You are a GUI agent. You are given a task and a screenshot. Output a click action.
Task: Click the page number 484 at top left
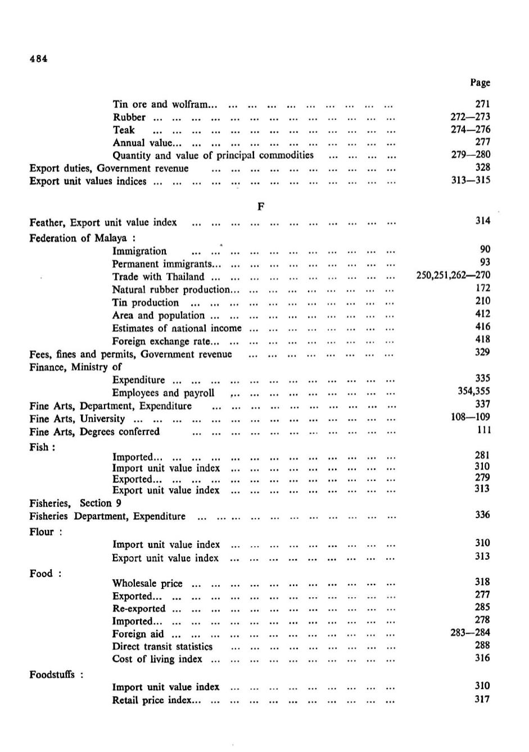point(38,59)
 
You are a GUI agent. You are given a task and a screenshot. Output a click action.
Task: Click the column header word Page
point(480,83)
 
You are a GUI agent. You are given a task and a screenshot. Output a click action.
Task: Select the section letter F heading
point(261,206)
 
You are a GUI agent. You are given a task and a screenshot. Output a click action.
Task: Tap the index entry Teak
point(124,130)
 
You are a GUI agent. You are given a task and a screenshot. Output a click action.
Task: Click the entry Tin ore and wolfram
point(160,104)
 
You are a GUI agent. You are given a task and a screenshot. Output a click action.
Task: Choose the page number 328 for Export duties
point(482,167)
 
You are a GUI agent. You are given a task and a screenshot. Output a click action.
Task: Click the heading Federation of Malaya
point(82,238)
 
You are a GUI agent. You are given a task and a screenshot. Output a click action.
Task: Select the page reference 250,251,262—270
point(453,275)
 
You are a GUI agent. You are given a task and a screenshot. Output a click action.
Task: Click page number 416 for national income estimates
point(482,326)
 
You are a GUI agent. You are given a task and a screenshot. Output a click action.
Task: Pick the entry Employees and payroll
point(163,393)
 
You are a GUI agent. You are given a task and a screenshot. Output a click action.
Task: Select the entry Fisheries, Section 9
point(75,503)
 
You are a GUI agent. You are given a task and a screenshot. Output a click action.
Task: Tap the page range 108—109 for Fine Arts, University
point(470,417)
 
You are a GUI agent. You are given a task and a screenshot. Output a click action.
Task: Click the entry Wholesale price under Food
point(147,583)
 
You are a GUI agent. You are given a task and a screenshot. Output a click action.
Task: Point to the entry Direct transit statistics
point(162,647)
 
